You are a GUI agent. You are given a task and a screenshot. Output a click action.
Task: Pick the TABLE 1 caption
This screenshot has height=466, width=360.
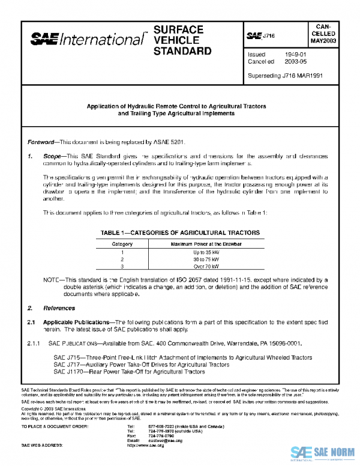[180, 232]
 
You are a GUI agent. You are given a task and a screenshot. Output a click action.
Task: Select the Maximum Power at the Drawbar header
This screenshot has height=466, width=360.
[206, 244]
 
